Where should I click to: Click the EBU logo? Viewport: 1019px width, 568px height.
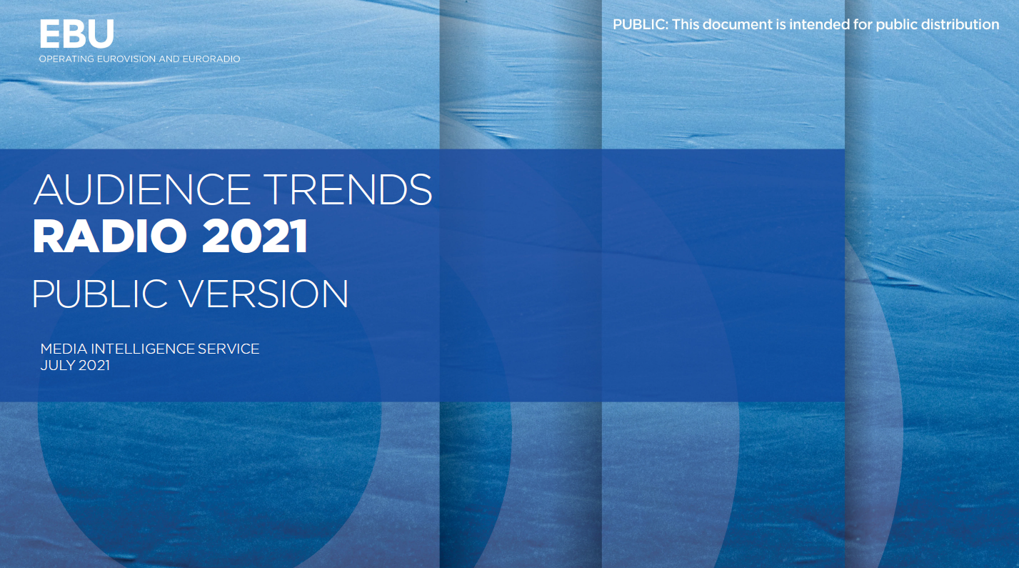point(76,34)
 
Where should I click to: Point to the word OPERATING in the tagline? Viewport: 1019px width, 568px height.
point(66,59)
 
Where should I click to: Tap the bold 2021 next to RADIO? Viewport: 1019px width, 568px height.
point(255,236)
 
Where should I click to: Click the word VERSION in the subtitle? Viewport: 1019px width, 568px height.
point(264,294)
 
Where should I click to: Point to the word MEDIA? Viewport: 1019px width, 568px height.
point(64,349)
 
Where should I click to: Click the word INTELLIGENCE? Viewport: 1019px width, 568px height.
point(143,349)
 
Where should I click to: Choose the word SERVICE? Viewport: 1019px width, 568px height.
point(229,349)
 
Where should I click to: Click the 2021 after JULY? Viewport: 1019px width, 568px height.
point(94,366)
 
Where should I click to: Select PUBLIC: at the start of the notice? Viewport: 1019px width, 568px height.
point(641,24)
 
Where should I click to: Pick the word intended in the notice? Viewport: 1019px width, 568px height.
point(819,24)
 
